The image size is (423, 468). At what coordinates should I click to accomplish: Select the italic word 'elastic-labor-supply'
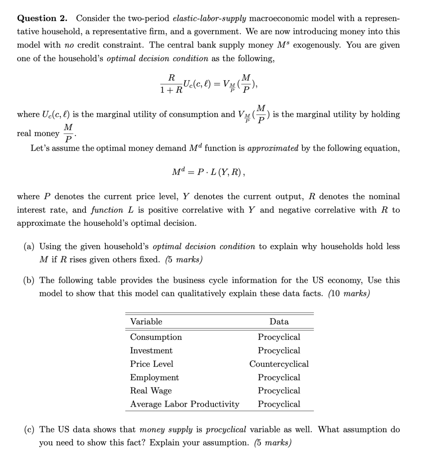click(x=209, y=18)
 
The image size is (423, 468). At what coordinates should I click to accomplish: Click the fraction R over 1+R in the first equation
click(x=171, y=84)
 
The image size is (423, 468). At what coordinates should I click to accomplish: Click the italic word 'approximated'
click(x=273, y=148)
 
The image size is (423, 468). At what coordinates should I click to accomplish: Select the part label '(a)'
click(x=30, y=246)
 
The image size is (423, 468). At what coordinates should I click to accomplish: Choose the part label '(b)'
click(x=30, y=281)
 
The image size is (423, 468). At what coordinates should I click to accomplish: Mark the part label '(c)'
click(x=30, y=430)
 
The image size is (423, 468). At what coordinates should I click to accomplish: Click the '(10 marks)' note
click(x=349, y=294)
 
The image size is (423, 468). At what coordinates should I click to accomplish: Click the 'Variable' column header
click(x=146, y=322)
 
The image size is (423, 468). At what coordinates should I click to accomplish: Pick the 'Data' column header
click(x=279, y=322)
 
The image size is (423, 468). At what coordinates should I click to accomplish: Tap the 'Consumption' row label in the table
click(x=156, y=337)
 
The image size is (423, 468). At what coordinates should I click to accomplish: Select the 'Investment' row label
click(x=151, y=350)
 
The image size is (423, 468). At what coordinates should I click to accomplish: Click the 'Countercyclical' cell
click(x=279, y=364)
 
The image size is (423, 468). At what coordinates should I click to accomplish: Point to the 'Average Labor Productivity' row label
click(x=185, y=404)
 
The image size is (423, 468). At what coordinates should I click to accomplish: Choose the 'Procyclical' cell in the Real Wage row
click(x=279, y=391)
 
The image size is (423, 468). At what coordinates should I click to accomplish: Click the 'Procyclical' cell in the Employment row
click(x=279, y=377)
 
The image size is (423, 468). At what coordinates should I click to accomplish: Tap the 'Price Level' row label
click(x=151, y=364)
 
